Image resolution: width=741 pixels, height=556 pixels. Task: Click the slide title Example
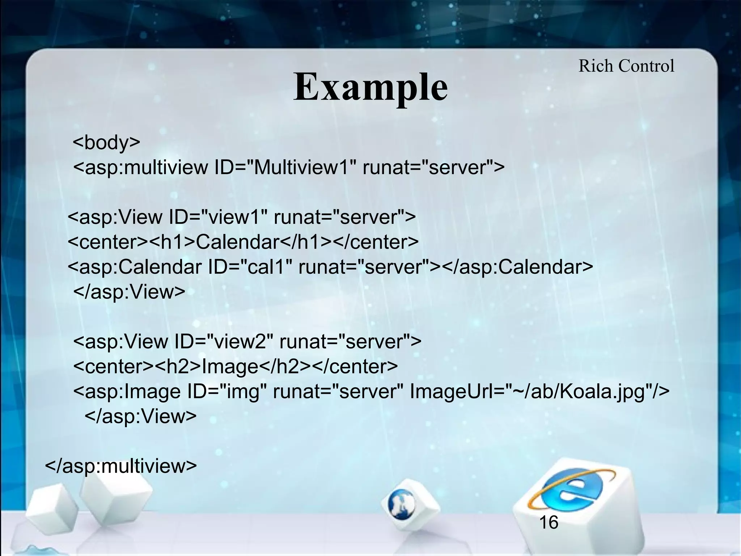coord(370,87)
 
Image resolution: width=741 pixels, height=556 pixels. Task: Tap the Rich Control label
coord(626,66)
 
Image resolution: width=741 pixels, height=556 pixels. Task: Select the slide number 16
coord(549,522)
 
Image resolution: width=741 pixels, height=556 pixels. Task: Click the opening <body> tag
coord(106,142)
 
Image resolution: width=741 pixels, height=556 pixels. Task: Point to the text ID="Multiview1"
coord(285,167)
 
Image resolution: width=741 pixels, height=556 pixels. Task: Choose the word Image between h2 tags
coord(230,366)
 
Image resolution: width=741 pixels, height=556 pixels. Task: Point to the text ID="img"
coord(226,391)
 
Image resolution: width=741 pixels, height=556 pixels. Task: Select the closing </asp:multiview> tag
coord(121,466)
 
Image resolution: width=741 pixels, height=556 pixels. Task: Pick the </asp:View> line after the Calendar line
coord(129,292)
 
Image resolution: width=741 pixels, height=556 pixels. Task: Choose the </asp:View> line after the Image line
coord(140,416)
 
